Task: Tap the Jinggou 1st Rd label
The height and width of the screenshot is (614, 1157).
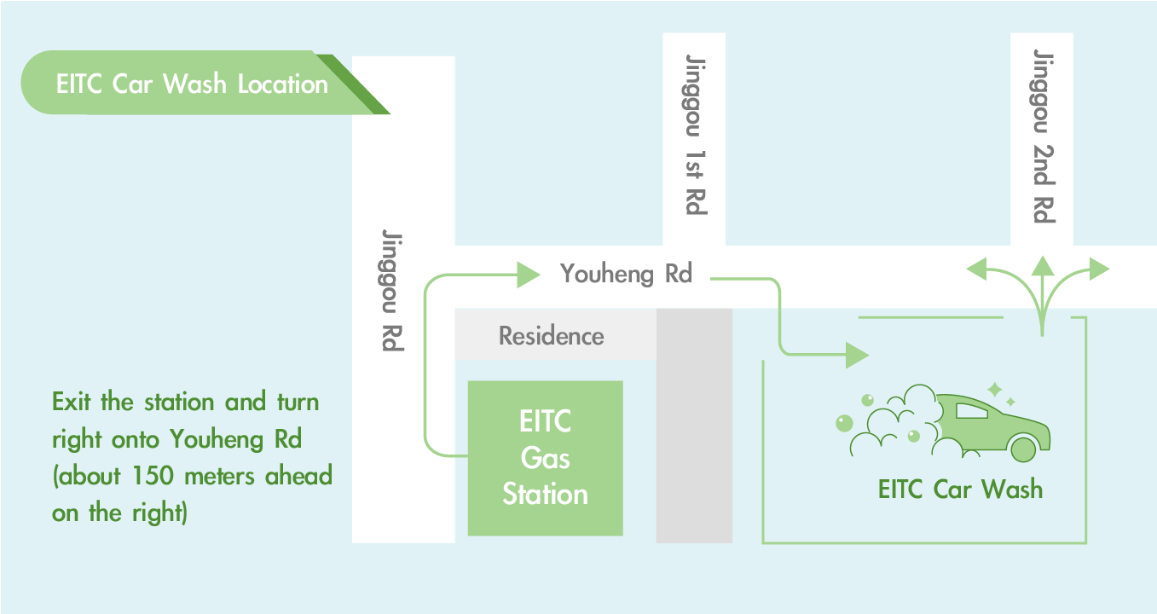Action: pos(696,134)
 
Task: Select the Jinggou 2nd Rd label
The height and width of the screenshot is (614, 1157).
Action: pos(1044,136)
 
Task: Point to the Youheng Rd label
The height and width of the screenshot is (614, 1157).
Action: pos(626,274)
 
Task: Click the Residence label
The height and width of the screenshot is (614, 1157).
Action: pos(551,336)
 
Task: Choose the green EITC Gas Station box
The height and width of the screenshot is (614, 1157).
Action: pos(546,458)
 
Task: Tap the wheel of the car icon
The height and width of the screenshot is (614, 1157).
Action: pos(1023,449)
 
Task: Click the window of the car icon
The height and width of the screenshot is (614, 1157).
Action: pos(971,410)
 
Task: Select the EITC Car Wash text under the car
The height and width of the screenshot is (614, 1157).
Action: pos(960,489)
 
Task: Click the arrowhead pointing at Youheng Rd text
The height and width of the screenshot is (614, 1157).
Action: pos(528,275)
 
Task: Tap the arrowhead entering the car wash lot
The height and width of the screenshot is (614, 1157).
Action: pos(857,356)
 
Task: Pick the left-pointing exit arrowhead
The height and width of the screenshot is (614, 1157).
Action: pos(976,269)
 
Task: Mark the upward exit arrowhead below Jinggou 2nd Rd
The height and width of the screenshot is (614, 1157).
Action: pos(1043,265)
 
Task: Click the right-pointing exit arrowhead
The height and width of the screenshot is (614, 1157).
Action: pos(1100,269)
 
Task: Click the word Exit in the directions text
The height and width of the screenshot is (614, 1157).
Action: pos(72,402)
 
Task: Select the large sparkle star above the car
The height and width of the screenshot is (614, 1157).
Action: pos(995,390)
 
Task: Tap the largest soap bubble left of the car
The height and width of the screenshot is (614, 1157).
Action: pos(844,423)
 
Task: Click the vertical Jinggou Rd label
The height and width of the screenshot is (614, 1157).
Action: pos(392,290)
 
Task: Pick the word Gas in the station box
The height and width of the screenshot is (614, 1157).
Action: pos(545,458)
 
